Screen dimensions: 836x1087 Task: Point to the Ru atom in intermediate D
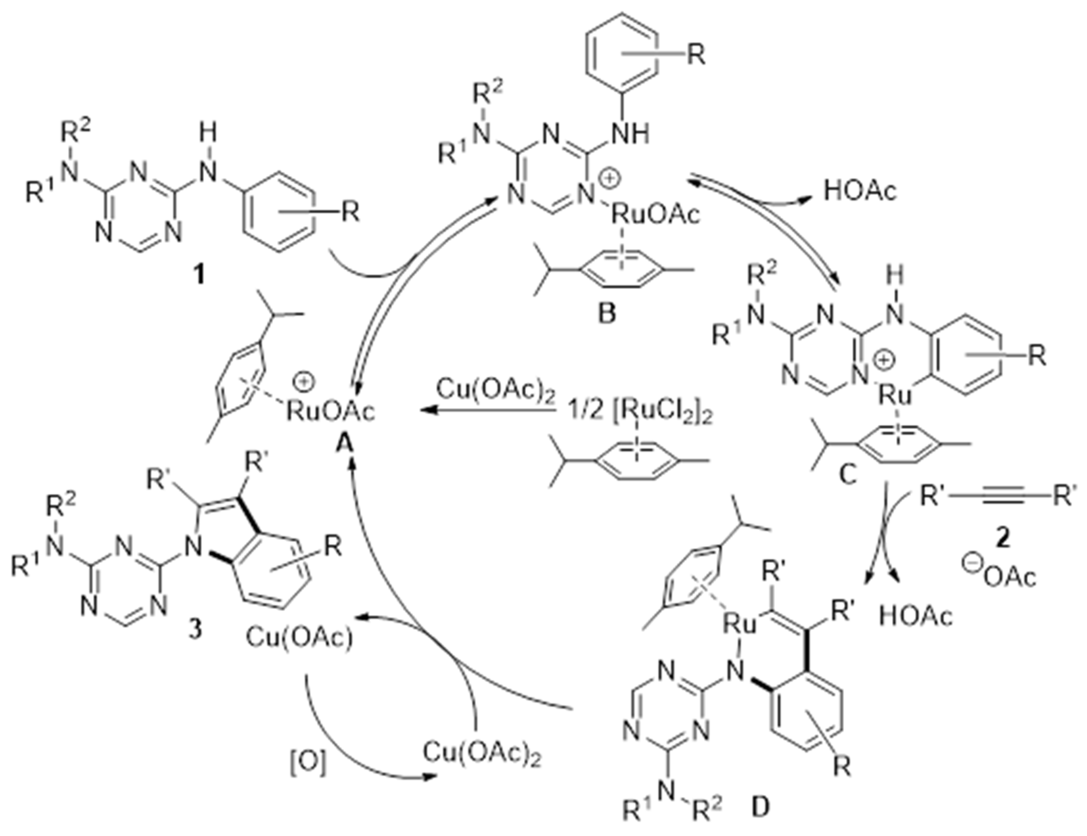click(739, 624)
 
